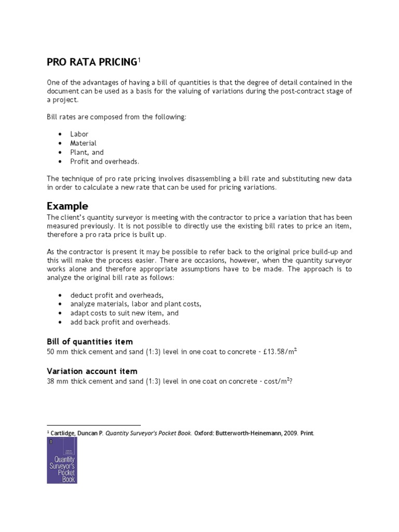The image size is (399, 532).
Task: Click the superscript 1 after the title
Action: tap(139, 60)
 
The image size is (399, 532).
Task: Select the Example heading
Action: tap(68, 205)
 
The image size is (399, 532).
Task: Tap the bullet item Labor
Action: tap(79, 134)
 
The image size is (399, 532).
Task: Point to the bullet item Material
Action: tap(83, 143)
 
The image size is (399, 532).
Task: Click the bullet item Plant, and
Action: tap(87, 152)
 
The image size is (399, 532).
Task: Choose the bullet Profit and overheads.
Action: tap(105, 162)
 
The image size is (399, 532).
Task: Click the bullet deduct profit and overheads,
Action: tap(116, 295)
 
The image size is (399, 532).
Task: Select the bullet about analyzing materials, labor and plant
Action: tap(136, 304)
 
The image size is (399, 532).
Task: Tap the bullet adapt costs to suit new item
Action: tap(124, 313)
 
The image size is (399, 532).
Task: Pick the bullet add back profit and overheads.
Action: tap(120, 323)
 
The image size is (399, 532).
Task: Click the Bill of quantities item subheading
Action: tap(90, 341)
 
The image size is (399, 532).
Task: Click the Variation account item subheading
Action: tap(92, 371)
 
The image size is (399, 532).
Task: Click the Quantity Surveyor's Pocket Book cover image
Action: tap(62, 460)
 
